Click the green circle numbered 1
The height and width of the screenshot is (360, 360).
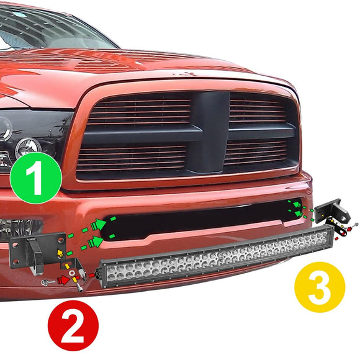[x=35, y=178]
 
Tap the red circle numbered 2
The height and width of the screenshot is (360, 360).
[x=73, y=325]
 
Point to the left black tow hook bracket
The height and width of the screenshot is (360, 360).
[x=36, y=249]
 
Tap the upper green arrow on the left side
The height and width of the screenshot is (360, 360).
[x=99, y=223]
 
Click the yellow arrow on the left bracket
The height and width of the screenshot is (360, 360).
[x=60, y=253]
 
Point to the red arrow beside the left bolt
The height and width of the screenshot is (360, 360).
[x=64, y=281]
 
